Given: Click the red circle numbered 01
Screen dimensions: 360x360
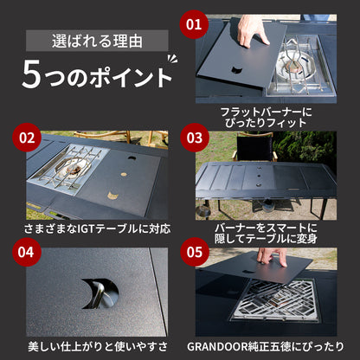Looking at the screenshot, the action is coord(194,24).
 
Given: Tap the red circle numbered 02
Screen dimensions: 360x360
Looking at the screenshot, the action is coord(27,138).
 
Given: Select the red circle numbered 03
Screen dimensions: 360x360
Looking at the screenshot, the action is coord(195,138).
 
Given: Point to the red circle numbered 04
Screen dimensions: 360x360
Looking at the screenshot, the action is coord(27,252).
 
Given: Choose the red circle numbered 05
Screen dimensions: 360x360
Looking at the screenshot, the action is coord(195,252).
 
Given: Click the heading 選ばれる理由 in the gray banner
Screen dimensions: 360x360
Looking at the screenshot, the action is coord(97,42).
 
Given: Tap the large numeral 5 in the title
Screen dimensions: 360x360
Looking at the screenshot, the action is coord(31,74).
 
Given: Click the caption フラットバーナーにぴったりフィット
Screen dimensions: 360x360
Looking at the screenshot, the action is coord(266,118).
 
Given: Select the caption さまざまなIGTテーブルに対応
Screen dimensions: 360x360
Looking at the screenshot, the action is coord(97,229).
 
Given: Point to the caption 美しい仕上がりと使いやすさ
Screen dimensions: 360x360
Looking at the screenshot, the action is coord(98,346).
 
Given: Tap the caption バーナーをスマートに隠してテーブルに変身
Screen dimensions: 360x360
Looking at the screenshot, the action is coord(266,233).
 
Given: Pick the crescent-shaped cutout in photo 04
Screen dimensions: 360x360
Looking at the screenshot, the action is coord(100,293).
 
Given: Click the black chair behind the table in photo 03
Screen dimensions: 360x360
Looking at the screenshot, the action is coord(254,148).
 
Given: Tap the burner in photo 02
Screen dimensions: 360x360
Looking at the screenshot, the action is coord(69,170).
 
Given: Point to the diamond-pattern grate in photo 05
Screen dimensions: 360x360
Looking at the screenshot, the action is coord(274,300).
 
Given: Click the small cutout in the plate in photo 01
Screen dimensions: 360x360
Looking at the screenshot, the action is coord(237,70).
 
